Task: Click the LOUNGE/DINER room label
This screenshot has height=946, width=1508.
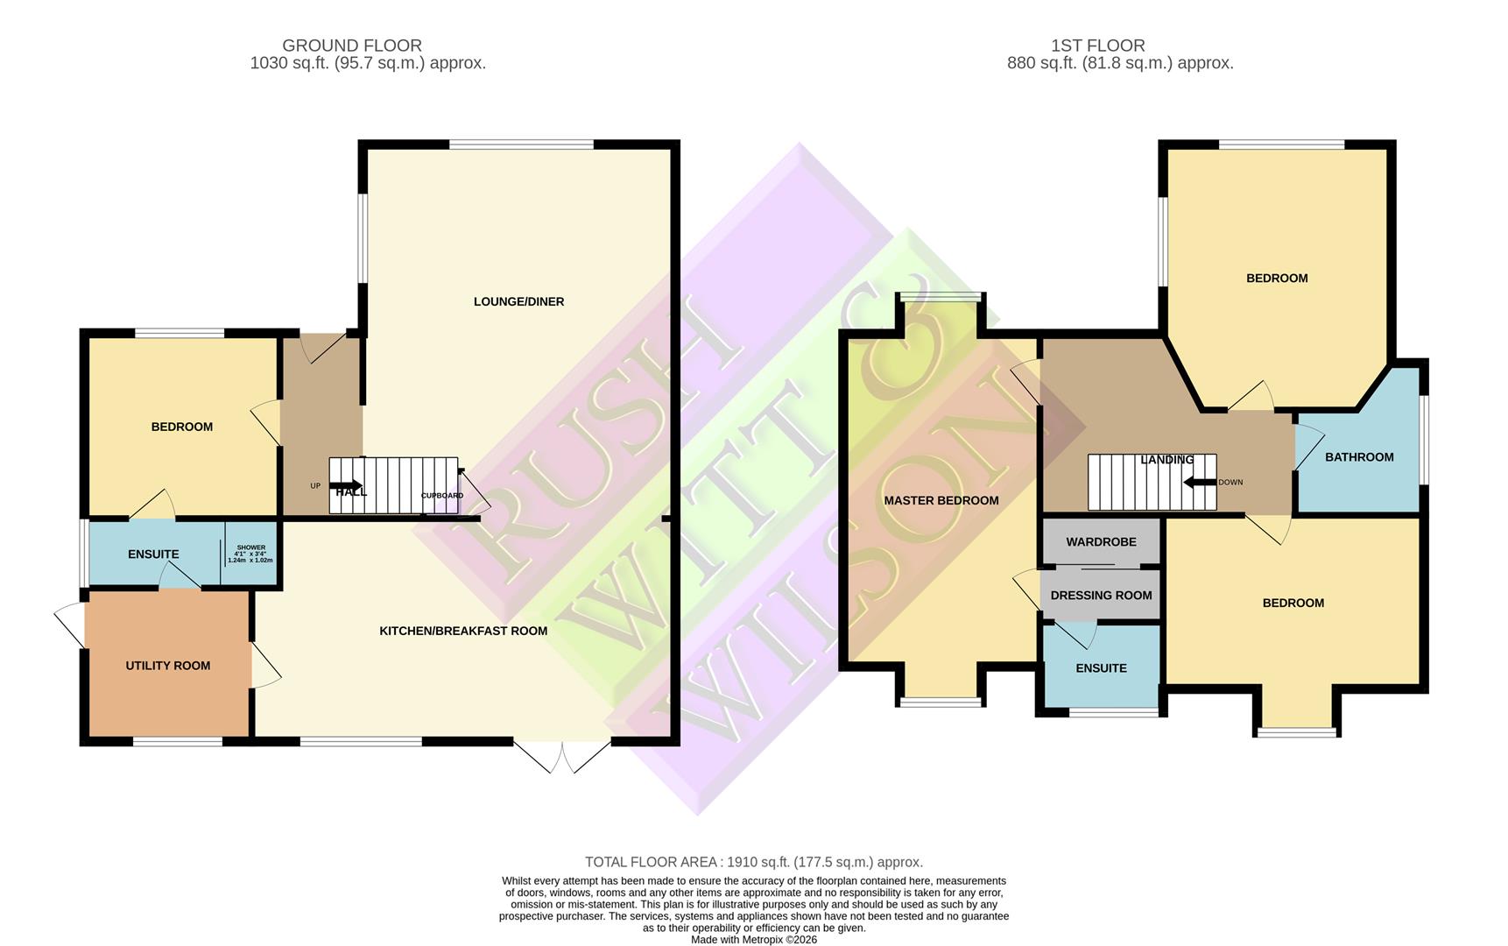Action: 518,301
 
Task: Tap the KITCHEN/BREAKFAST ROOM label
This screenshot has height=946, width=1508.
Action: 463,631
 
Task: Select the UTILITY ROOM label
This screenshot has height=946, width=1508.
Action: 167,666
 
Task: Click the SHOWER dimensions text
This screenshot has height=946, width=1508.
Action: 250,554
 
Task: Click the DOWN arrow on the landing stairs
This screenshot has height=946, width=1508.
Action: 1197,482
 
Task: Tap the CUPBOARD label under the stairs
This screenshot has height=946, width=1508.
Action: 442,496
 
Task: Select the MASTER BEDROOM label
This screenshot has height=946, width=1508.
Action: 941,500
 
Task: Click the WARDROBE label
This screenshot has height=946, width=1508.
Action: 1101,542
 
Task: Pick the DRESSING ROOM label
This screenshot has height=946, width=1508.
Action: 1101,596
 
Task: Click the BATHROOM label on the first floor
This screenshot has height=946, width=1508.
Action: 1358,457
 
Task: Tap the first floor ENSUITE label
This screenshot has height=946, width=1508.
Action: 1101,668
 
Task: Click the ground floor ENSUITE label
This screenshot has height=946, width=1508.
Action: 153,554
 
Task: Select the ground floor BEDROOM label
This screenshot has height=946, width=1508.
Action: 182,427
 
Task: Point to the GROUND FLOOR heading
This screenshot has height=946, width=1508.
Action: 352,46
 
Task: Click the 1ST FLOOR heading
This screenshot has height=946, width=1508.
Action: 1097,46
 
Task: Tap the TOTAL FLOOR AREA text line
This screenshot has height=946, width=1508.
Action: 753,862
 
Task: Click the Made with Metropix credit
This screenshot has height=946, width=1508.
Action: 753,940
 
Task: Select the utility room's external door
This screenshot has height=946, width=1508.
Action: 70,625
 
